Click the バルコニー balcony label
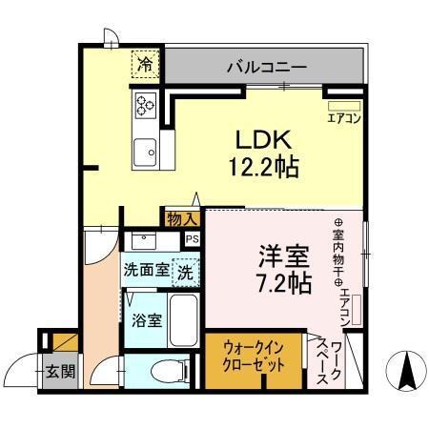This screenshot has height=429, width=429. click(x=266, y=69)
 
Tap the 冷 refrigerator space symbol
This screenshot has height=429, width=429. click(x=146, y=66)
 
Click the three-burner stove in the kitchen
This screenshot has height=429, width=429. click(x=148, y=106)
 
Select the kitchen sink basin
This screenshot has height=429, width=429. click(x=146, y=151)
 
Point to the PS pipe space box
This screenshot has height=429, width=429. click(x=193, y=239)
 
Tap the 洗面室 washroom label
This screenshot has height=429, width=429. click(x=145, y=270)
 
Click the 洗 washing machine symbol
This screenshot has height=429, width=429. click(x=185, y=270)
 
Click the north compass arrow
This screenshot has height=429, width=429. click(x=405, y=368)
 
